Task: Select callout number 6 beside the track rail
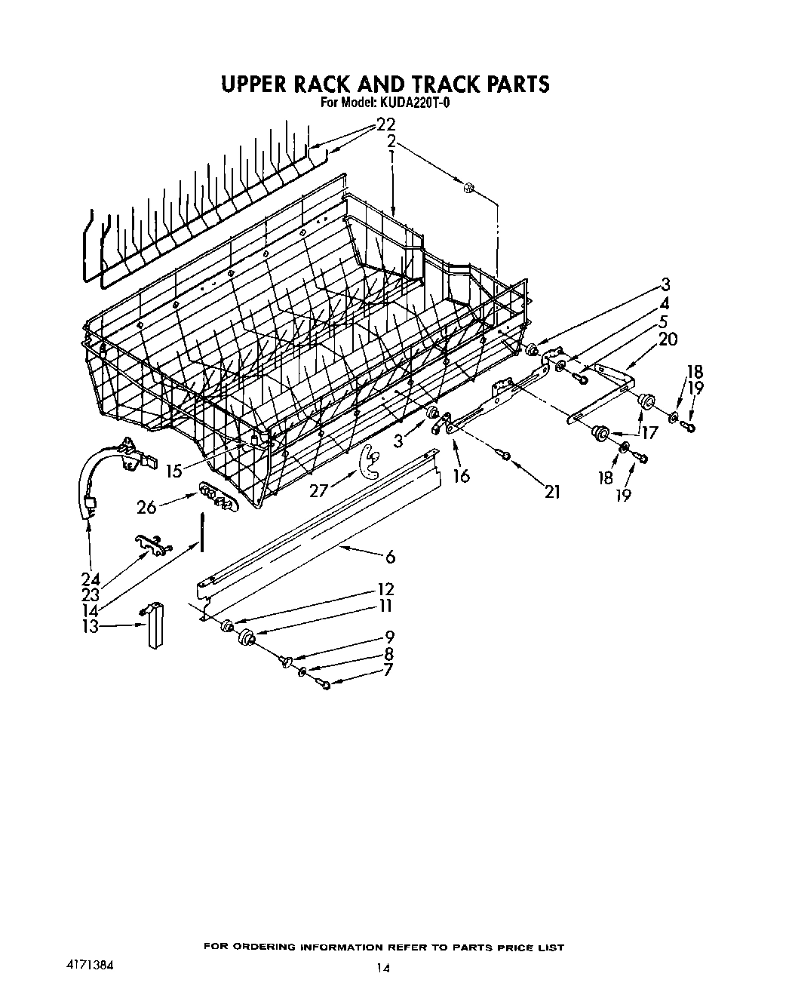pos(390,557)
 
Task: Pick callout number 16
pos(461,476)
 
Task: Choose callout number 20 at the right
pos(668,339)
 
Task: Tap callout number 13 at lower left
pos(91,625)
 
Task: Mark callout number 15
pos(174,471)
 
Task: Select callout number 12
pos(386,589)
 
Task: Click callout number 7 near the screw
pos(388,669)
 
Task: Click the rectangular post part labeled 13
pos(156,626)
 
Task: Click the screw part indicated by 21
pos(506,454)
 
